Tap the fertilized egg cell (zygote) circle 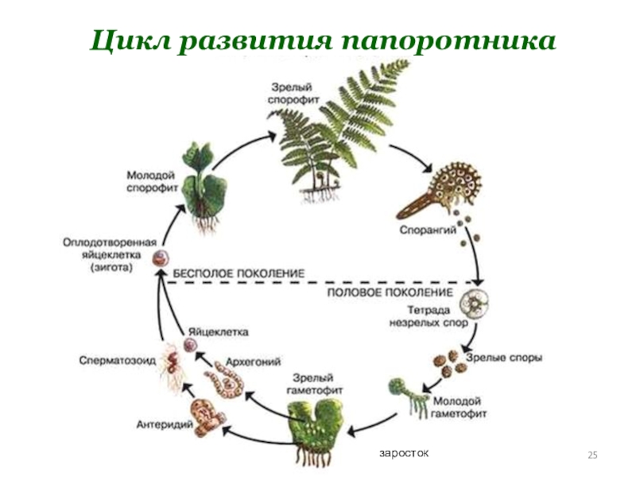161,258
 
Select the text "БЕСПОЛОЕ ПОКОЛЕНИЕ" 239,273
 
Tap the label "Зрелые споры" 504,359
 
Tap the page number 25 591,454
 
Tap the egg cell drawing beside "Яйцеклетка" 190,344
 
